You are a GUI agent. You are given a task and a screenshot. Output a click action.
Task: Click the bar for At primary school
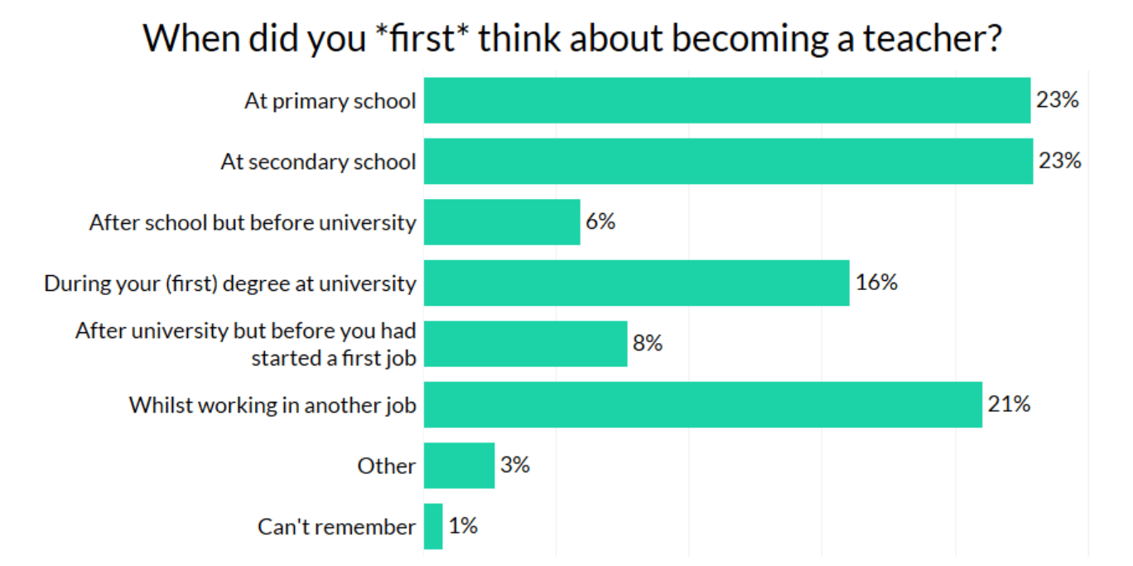point(726,100)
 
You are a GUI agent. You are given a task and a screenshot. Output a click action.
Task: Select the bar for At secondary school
point(728,161)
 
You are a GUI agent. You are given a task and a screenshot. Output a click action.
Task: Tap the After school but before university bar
point(502,222)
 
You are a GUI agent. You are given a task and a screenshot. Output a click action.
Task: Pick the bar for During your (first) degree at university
point(636,283)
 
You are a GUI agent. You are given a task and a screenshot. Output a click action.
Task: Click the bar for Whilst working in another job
point(702,404)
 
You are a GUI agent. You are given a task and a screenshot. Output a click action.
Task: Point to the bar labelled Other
point(459,465)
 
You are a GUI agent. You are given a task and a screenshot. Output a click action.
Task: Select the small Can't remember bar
point(433,526)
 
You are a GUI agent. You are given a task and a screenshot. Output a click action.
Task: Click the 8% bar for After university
point(525,343)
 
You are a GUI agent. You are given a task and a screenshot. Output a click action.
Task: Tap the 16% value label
point(876,283)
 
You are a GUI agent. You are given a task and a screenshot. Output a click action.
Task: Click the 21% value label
point(1009,404)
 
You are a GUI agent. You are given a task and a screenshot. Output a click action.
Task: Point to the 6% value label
point(600,222)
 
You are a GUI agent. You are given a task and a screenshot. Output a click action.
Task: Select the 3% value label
point(514,465)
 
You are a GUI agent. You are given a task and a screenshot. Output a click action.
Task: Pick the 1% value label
point(463,526)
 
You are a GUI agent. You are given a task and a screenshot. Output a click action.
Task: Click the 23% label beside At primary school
point(1058,100)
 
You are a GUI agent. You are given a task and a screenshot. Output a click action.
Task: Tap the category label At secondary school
point(318,162)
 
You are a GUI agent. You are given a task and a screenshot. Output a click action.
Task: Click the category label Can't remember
point(336,527)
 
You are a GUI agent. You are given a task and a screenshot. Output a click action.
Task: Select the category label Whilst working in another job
point(272,405)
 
